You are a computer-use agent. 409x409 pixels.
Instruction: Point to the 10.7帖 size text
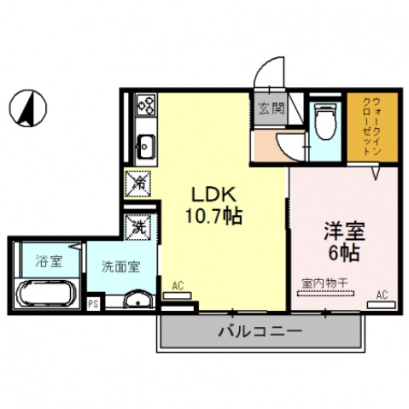(210, 217)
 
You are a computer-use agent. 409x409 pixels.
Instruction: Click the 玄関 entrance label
(268, 109)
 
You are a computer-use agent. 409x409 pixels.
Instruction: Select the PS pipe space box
(93, 302)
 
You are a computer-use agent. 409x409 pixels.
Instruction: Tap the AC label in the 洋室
(382, 295)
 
